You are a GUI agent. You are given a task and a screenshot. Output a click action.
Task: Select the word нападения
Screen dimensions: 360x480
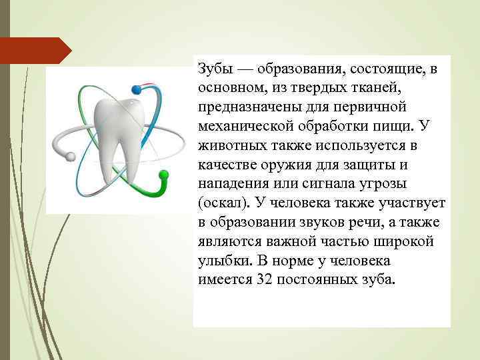tap(230, 183)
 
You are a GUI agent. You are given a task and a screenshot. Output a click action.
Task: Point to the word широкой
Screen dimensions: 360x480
tap(407, 241)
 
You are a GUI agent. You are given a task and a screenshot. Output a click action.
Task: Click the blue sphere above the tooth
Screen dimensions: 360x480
tap(138, 88)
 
